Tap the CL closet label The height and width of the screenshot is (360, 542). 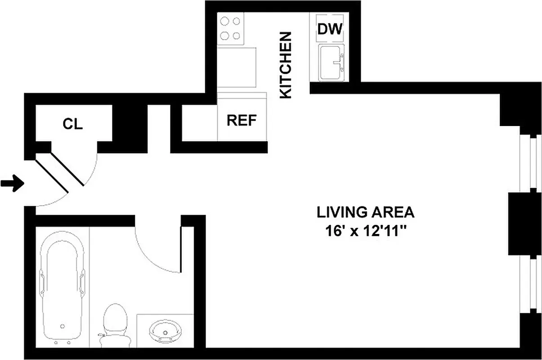72,124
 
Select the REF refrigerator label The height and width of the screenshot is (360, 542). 242,120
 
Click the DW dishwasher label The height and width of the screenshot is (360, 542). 330,29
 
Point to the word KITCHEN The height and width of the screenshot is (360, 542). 286,65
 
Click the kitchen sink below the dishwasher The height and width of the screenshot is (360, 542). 331,63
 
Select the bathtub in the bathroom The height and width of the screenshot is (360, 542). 63,292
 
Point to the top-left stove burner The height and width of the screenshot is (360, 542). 224,21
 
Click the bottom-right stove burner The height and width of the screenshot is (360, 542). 236,36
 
